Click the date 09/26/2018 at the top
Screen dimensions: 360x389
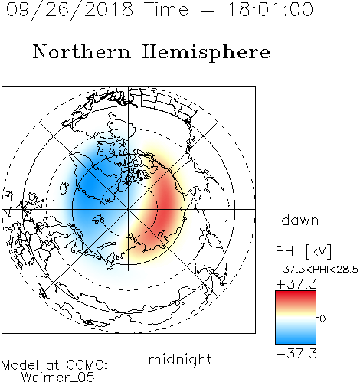click(70, 10)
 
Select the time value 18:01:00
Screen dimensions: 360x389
click(270, 9)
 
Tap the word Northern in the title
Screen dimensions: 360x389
click(82, 52)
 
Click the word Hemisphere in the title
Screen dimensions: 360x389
click(206, 53)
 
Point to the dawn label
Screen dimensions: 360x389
click(300, 220)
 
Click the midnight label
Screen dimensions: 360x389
click(180, 360)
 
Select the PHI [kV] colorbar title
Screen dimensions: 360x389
click(303, 251)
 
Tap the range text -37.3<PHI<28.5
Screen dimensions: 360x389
click(317, 270)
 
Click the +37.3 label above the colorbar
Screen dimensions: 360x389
click(296, 284)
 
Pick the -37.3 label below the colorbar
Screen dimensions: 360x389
click(296, 354)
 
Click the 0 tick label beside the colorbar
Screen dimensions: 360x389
click(322, 319)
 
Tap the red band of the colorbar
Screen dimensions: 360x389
click(296, 297)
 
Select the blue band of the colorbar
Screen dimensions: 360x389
click(296, 336)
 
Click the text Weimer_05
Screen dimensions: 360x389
click(58, 378)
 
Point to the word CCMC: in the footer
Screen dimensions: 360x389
click(87, 365)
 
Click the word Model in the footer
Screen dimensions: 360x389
click(20, 365)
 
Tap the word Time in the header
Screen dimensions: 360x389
click(166, 9)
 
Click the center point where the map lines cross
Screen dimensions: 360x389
click(129, 209)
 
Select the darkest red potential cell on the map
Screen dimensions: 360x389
click(167, 204)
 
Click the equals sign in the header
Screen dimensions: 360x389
click(208, 10)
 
